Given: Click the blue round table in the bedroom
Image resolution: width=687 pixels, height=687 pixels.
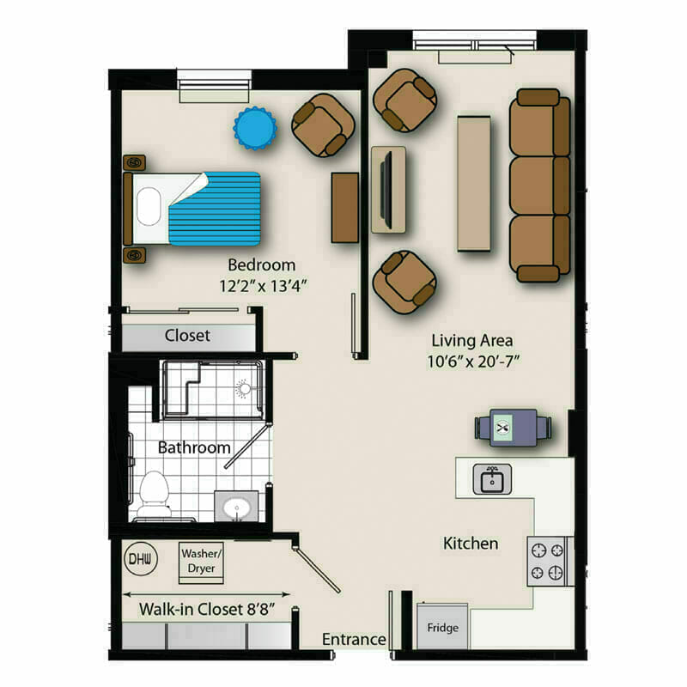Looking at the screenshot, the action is (255, 128).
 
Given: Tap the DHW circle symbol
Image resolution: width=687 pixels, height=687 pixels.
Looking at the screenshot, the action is (141, 559).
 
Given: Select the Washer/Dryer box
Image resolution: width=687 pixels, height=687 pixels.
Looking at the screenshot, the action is (201, 563).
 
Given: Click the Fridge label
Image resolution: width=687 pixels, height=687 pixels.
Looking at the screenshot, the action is (442, 628).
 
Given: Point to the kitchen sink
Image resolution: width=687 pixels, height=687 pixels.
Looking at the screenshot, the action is (492, 480).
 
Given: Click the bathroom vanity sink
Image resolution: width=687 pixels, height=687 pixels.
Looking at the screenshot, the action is (237, 508).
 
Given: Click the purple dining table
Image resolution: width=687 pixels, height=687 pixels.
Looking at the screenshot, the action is (513, 428).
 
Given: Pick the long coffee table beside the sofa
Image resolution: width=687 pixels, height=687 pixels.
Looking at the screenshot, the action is (474, 184).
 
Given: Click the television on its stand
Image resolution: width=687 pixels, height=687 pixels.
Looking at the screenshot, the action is (386, 189).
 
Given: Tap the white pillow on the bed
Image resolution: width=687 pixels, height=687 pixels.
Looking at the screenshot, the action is (149, 207).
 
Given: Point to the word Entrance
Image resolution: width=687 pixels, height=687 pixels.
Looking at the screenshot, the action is (354, 639).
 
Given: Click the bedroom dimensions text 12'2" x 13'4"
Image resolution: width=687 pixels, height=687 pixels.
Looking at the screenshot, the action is (263, 286).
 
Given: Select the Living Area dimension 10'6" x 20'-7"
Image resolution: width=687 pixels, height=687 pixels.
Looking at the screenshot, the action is (473, 362).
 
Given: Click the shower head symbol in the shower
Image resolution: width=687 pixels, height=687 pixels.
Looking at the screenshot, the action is (244, 389).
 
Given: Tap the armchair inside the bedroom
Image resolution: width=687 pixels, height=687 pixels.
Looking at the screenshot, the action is (324, 125).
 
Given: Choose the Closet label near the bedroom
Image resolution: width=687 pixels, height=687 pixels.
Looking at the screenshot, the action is (187, 336).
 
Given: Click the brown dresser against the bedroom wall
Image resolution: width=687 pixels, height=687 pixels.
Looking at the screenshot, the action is (345, 208).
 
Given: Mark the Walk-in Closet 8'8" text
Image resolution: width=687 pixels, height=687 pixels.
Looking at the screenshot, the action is (207, 610).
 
